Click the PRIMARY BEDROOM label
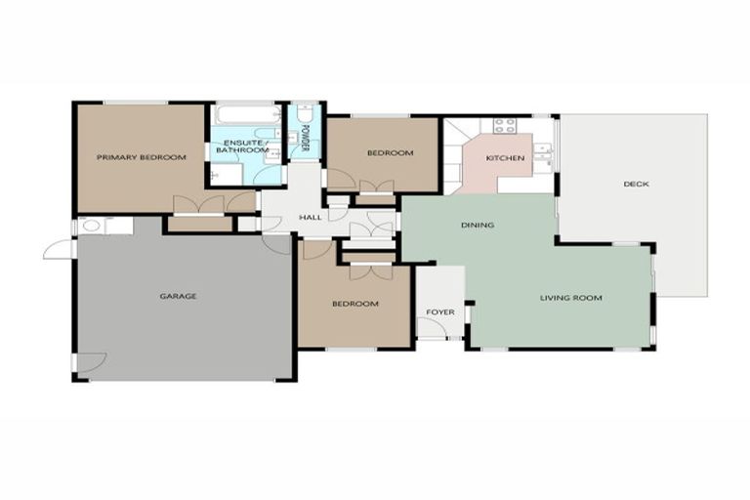(142, 157)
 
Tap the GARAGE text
(179, 296)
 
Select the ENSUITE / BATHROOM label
(241, 146)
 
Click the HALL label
(310, 217)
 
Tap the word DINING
(478, 226)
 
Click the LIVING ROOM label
(571, 298)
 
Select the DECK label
(636, 184)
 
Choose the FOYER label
(439, 312)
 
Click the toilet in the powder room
(305, 118)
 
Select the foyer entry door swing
(431, 328)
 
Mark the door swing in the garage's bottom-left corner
(91, 361)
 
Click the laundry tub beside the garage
(91, 226)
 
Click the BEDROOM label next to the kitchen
(390, 153)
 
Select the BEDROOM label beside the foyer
(354, 304)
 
